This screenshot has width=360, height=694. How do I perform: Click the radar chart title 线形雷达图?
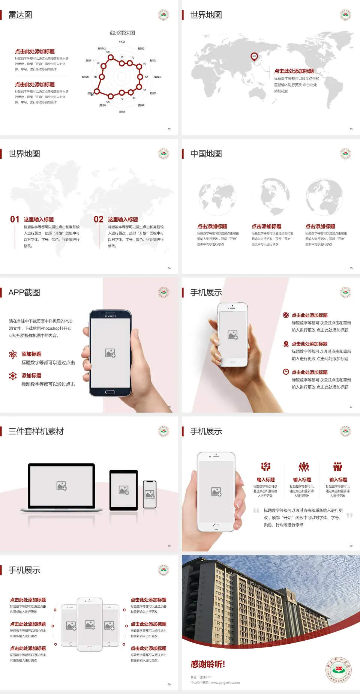point(122,33)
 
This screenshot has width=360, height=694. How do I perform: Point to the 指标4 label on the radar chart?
point(157,77)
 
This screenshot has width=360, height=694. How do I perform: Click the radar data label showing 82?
point(146,77)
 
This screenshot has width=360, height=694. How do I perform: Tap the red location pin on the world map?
point(254,57)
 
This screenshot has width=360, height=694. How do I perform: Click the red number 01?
point(15,219)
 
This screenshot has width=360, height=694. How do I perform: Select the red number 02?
point(99,219)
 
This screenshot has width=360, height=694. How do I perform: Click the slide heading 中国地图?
point(206,154)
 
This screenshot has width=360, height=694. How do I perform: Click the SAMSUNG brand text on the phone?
point(110,316)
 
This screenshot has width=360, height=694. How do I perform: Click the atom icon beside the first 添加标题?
point(13,355)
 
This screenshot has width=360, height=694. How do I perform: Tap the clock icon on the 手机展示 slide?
point(286,372)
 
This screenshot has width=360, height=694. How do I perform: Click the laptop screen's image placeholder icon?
point(61,486)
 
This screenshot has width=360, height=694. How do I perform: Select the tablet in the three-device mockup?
point(124,490)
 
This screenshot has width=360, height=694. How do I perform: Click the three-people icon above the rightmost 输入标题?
point(338,467)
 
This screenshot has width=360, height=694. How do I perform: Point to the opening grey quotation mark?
point(256,510)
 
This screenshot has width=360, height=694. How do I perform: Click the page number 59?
point(351,545)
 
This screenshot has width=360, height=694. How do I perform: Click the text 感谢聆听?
point(208,664)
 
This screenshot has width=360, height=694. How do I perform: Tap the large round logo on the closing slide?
point(339,670)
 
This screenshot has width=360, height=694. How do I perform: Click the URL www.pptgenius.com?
point(225,683)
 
